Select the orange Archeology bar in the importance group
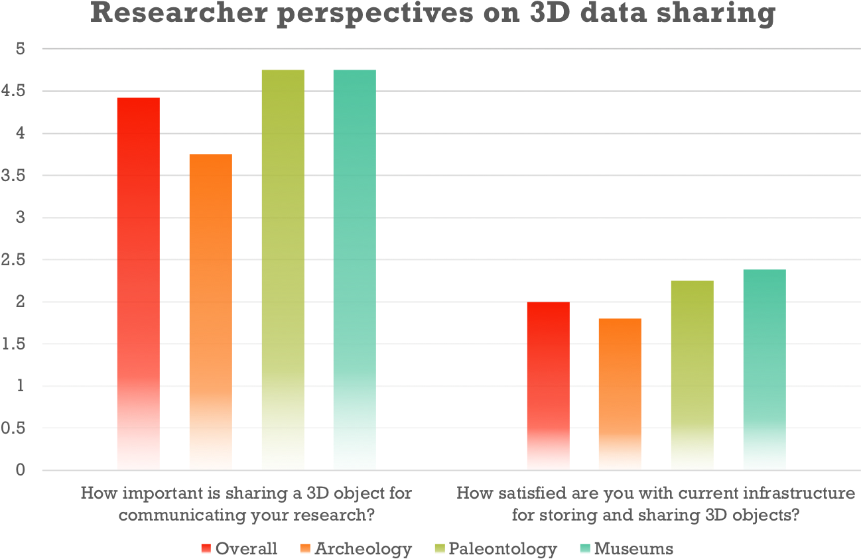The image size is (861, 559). (210, 312)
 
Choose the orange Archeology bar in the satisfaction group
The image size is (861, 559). (620, 395)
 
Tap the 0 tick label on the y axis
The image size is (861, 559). (21, 470)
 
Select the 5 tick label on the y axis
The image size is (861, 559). (21, 49)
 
